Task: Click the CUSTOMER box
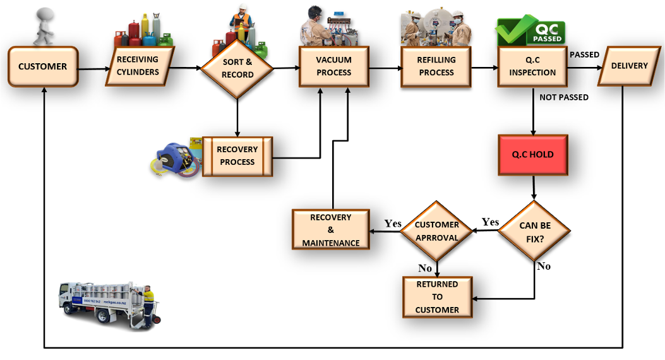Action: coord(42,66)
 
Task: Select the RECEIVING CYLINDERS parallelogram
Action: coord(138,66)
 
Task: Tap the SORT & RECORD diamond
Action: coord(237,68)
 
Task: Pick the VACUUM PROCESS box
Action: coord(334,66)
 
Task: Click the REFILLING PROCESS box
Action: coord(436,66)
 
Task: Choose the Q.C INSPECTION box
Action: coord(532,66)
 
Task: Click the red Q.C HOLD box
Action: coord(532,155)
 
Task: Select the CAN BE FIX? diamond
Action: coord(536,232)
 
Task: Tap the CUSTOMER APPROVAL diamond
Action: coord(437,231)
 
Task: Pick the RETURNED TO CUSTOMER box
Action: coord(437,297)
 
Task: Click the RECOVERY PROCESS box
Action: coord(237,156)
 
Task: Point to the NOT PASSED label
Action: coord(564,97)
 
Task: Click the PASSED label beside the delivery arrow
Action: coord(584,55)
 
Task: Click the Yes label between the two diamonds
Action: coord(490,222)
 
